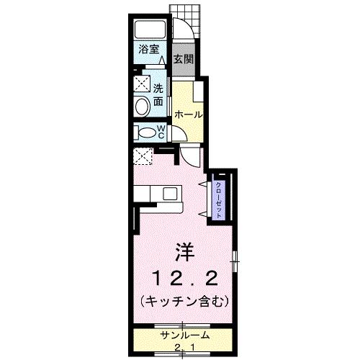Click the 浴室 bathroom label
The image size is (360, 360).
(x=148, y=51)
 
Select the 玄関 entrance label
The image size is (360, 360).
(x=182, y=58)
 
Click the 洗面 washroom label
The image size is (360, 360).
(x=159, y=96)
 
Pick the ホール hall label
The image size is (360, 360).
(x=187, y=114)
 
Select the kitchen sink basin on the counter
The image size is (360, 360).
(x=170, y=193)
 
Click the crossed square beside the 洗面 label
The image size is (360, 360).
(x=141, y=85)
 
